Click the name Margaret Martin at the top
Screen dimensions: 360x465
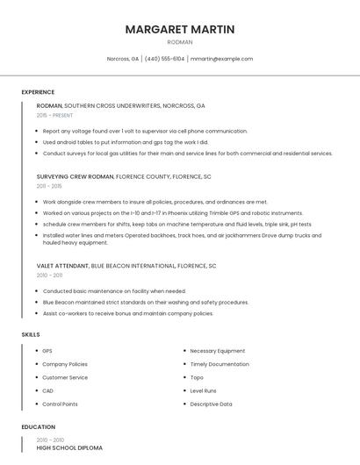[180, 29]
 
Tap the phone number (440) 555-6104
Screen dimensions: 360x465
[164, 59]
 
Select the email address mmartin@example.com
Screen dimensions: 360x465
[221, 59]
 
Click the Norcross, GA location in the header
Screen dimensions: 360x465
[123, 59]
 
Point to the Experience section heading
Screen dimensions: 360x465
[38, 92]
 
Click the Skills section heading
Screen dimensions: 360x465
[31, 334]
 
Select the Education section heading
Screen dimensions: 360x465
[37, 427]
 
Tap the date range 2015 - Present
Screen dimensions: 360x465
[54, 115]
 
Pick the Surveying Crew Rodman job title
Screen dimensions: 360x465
[76, 176]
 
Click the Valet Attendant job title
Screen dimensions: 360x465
[62, 266]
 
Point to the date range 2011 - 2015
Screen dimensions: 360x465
[49, 186]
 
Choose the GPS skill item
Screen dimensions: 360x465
[47, 351]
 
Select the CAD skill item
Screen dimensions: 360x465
[48, 390]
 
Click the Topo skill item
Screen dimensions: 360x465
[197, 377]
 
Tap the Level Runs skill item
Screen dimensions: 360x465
[203, 390]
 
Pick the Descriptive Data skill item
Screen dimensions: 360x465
[211, 404]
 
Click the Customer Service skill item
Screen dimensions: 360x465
[65, 377]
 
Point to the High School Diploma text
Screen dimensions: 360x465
[69, 447]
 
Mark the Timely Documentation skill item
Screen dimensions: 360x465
[219, 364]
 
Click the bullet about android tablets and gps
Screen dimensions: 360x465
[126, 142]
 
